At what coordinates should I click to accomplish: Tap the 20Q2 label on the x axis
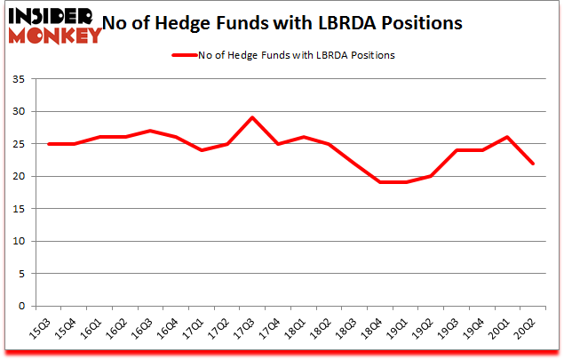528,330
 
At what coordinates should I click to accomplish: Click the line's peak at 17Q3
252,117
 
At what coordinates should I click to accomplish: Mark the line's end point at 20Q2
532,164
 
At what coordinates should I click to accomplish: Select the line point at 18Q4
379,182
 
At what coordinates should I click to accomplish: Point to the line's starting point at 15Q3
50,144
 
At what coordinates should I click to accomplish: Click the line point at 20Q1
506,137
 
